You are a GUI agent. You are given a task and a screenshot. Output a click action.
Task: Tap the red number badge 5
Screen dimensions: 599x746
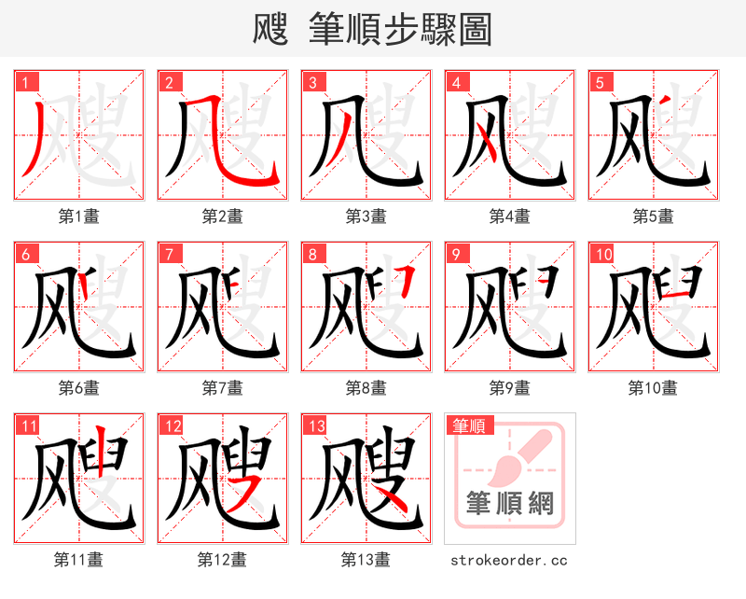[x=600, y=82]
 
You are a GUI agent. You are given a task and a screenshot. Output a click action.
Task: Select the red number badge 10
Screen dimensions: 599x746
[x=602, y=254]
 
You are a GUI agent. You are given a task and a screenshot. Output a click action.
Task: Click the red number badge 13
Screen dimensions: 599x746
[x=315, y=426]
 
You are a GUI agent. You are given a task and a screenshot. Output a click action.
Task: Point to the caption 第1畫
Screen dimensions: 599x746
[x=78, y=216]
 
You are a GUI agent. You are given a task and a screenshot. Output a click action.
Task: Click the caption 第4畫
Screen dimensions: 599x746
[x=509, y=216]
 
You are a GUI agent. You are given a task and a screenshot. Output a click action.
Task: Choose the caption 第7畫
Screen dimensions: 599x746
[x=222, y=387]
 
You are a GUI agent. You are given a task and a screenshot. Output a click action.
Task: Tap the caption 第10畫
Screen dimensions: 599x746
[x=653, y=387]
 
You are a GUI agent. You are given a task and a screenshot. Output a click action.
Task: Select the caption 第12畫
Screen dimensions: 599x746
[x=222, y=560]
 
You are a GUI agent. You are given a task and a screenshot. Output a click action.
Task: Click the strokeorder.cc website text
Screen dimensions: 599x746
[x=509, y=560]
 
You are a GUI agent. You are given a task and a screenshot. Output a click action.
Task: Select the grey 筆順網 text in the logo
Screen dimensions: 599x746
[x=509, y=505]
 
